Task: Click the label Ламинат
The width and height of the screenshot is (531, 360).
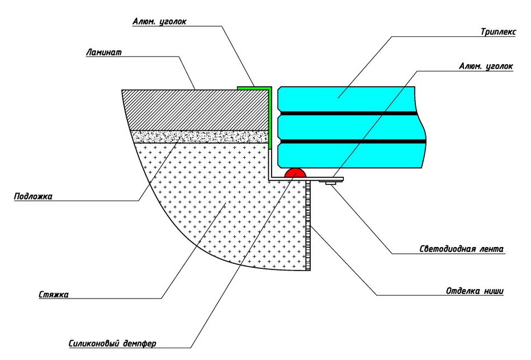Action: tap(103, 53)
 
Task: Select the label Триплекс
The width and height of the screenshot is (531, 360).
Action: tap(499, 32)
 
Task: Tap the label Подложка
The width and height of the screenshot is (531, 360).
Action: tap(33, 196)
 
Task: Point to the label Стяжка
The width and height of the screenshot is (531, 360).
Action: tap(54, 294)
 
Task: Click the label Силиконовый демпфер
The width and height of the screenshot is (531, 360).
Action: tap(112, 343)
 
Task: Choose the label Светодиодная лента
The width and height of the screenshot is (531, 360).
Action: tap(462, 249)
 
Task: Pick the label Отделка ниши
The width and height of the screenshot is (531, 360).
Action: tap(475, 291)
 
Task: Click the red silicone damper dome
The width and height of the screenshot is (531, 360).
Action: tap(295, 172)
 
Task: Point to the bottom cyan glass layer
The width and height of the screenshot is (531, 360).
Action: tap(350, 155)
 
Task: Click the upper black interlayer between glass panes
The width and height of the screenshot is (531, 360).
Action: tap(349, 113)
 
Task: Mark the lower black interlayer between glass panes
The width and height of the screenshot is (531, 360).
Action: tap(352, 141)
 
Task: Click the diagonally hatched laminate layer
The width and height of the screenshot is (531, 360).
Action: tap(196, 110)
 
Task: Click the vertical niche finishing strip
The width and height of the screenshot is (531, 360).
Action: tap(308, 225)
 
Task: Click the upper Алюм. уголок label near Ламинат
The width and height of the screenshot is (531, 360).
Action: tap(159, 22)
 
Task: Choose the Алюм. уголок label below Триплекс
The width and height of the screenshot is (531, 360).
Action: tap(486, 67)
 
